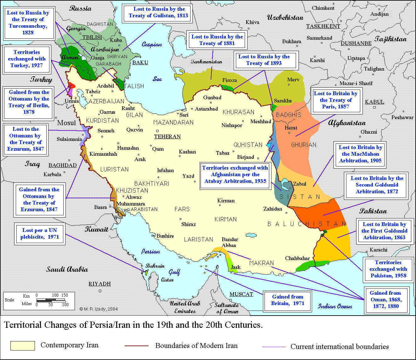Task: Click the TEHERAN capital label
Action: click(x=167, y=136)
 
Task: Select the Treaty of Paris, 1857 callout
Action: click(x=336, y=100)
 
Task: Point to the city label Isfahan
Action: click(x=165, y=171)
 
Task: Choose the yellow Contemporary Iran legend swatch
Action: click(x=23, y=345)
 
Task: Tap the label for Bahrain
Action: click(x=155, y=266)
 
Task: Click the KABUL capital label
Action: click(x=374, y=102)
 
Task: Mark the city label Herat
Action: click(x=291, y=128)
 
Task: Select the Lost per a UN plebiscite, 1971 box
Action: click(x=40, y=234)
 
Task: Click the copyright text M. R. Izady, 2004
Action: click(x=98, y=309)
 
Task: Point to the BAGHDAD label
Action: click(x=62, y=165)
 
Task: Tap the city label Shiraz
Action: click(x=188, y=224)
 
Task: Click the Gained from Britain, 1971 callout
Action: click(x=288, y=300)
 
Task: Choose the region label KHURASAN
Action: click(x=238, y=112)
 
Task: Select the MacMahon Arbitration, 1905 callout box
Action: click(x=360, y=154)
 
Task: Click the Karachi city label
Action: click(x=379, y=250)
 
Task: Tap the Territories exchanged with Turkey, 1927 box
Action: click(x=27, y=59)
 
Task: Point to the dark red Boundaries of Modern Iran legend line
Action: click(x=137, y=346)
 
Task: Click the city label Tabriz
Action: click(x=93, y=91)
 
